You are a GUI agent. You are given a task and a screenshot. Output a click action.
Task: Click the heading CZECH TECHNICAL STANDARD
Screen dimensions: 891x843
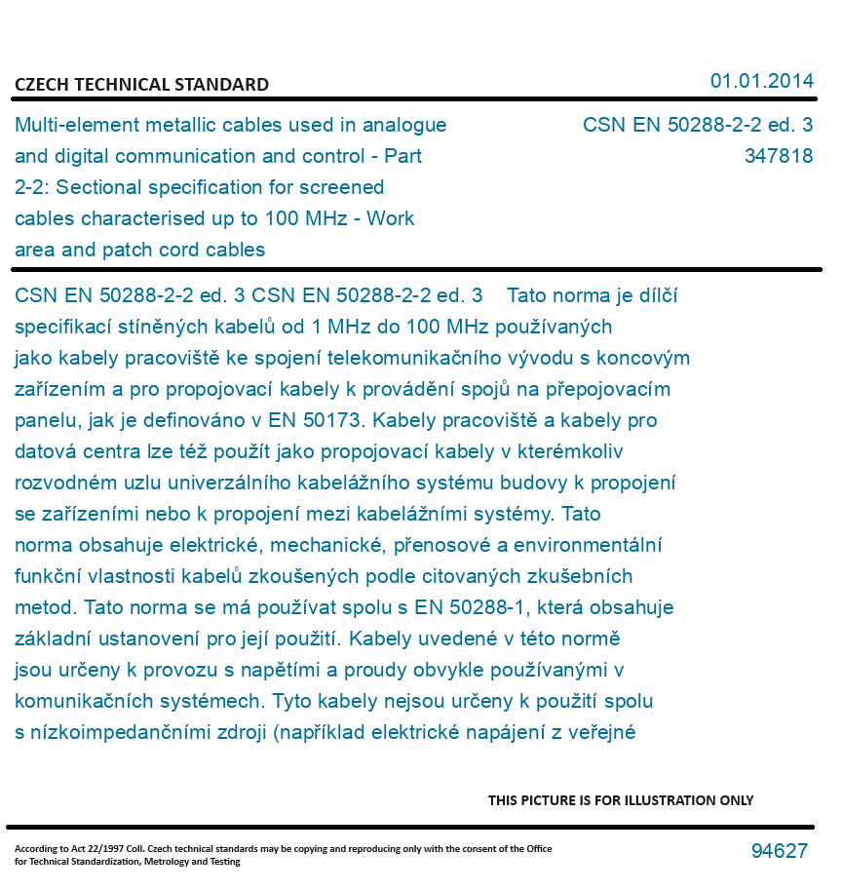tap(141, 85)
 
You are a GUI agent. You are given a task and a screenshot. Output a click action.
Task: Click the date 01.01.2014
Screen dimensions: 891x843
tap(761, 81)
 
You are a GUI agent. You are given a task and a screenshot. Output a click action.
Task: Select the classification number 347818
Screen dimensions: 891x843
tap(778, 156)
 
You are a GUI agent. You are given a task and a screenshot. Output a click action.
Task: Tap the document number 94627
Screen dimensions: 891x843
tap(779, 851)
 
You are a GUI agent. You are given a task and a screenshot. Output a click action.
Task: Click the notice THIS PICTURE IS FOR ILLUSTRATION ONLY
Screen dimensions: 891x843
tap(621, 800)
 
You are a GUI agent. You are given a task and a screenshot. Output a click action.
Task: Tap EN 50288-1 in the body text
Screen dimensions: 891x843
tap(470, 607)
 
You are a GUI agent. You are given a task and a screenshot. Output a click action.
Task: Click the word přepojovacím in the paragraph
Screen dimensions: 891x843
tap(608, 389)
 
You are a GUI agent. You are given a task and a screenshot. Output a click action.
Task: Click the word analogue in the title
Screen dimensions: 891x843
tap(403, 125)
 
